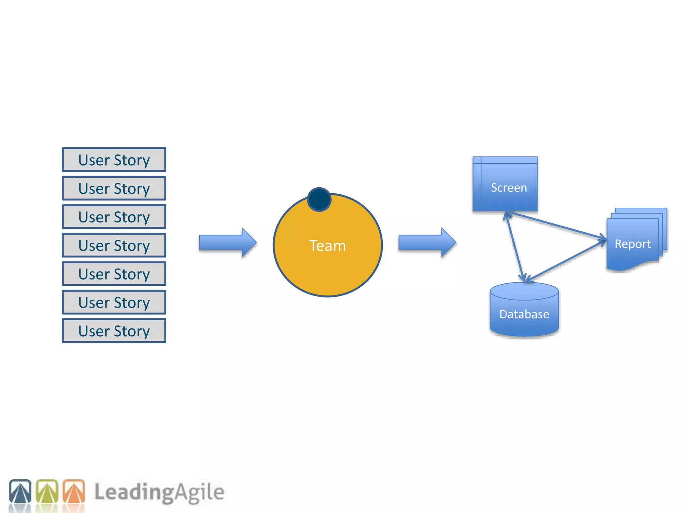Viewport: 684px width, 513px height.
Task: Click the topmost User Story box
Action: pyautogui.click(x=114, y=160)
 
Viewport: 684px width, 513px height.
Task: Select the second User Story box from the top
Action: pyautogui.click(x=114, y=188)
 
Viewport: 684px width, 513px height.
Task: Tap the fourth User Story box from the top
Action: pyautogui.click(x=114, y=245)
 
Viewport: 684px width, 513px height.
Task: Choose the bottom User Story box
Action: pyautogui.click(x=114, y=331)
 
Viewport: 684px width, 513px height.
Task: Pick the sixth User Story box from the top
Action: pyautogui.click(x=114, y=303)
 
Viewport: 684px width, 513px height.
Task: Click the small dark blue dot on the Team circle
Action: pyautogui.click(x=319, y=199)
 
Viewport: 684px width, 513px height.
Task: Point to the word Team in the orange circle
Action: pyautogui.click(x=327, y=246)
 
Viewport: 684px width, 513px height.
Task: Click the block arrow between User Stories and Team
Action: pyautogui.click(x=227, y=242)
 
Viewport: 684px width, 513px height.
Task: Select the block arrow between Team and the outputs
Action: pyautogui.click(x=427, y=242)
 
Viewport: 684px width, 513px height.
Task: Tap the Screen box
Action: pyautogui.click(x=505, y=184)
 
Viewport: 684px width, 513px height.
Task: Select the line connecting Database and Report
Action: pyautogui.click(x=566, y=261)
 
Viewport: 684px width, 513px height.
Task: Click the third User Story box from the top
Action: pyautogui.click(x=114, y=217)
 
